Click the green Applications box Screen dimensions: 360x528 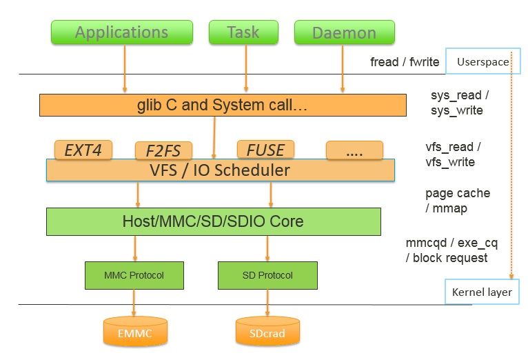[121, 32]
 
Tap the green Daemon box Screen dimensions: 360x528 [344, 32]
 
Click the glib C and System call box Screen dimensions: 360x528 [223, 106]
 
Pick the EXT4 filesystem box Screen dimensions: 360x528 [83, 149]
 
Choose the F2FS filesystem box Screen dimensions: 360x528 [163, 150]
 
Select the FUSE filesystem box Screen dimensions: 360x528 [265, 149]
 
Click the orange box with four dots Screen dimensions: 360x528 [354, 150]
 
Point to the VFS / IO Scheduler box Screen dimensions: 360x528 [220, 170]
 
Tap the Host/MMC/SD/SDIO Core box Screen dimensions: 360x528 [213, 222]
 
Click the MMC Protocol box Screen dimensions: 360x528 [134, 275]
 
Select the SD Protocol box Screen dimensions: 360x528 [267, 275]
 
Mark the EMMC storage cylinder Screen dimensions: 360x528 [134, 332]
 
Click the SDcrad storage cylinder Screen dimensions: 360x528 [267, 332]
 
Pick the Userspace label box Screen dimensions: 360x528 [482, 62]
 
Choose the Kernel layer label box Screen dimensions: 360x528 [482, 292]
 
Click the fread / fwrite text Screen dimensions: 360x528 [405, 63]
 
